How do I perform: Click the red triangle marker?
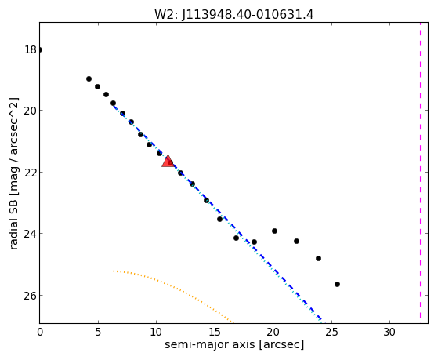point(168,161)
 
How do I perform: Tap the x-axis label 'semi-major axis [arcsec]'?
point(234,344)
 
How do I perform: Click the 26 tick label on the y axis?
point(31,296)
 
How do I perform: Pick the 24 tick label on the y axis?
point(31,233)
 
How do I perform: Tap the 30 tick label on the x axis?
point(389,333)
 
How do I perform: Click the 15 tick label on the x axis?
point(215,333)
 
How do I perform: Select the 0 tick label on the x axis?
point(40,333)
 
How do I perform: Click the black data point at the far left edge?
point(40,49)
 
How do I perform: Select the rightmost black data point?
point(337,284)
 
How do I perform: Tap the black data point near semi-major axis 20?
point(274,231)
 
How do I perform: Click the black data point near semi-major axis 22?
point(296,241)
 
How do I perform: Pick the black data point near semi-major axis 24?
point(318,258)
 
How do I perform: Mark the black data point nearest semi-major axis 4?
point(89,79)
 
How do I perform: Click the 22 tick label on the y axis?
point(31,172)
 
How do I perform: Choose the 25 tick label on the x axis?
point(331,333)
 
